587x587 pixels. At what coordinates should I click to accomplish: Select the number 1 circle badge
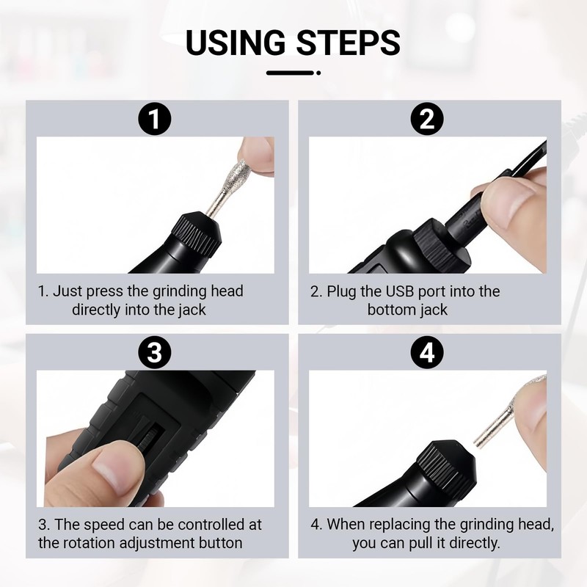point(155,119)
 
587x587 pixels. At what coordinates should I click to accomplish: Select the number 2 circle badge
point(427,119)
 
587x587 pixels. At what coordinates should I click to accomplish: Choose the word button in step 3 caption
point(219,543)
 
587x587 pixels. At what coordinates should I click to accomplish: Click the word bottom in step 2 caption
point(392,310)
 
